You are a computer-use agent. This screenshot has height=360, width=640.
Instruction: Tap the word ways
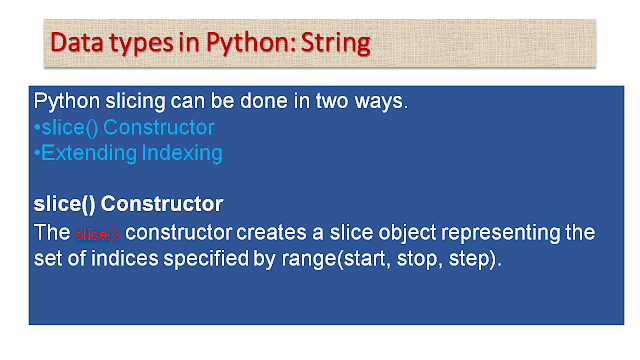coord(358,102)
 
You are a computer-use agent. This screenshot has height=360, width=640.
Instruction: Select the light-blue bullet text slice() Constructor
coord(124,128)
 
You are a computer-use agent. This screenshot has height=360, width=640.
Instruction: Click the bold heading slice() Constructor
coord(128,203)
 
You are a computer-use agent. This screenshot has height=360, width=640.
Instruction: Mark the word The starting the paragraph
coord(51,232)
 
